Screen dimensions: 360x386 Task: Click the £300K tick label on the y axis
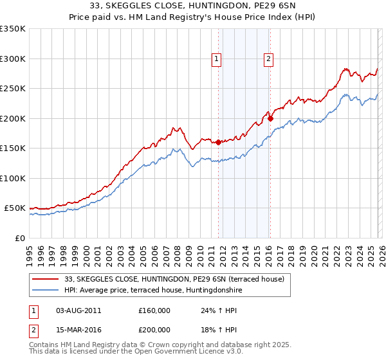point(13,59)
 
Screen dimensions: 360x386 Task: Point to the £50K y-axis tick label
point(15,208)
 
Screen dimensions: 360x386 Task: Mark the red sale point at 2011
point(219,142)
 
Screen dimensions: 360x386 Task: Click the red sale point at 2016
point(271,118)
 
